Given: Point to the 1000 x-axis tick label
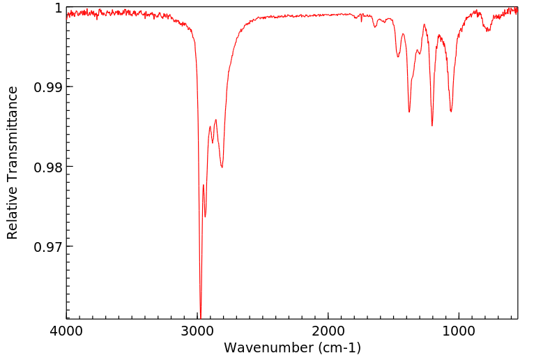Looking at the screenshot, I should (459, 330).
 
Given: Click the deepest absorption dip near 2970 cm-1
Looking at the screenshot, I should (201, 316).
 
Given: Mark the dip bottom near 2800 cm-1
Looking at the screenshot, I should (222, 167).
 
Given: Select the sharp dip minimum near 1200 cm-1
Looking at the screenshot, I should (432, 126).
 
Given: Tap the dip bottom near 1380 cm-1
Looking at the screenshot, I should (409, 112).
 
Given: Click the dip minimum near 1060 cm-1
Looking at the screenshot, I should (451, 111).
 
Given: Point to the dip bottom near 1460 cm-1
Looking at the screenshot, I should (397, 57).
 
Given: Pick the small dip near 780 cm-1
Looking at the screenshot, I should (488, 31).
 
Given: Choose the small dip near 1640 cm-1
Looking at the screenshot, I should (375, 27).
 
